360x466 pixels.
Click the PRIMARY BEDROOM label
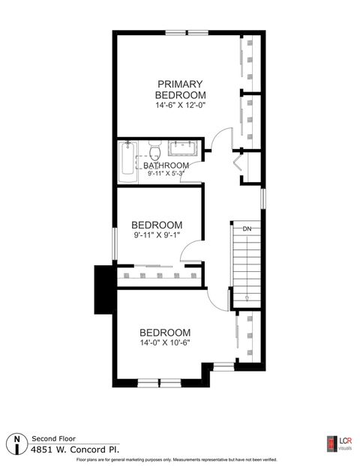(x=180, y=90)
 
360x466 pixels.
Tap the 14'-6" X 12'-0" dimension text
(x=180, y=106)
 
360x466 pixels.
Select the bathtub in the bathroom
(x=127, y=160)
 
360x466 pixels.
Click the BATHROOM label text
(x=166, y=166)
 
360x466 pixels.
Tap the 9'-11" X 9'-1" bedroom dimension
(x=157, y=235)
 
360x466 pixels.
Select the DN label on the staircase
(x=246, y=228)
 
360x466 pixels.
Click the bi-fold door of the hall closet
(x=240, y=166)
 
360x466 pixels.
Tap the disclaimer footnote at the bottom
(x=177, y=459)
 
